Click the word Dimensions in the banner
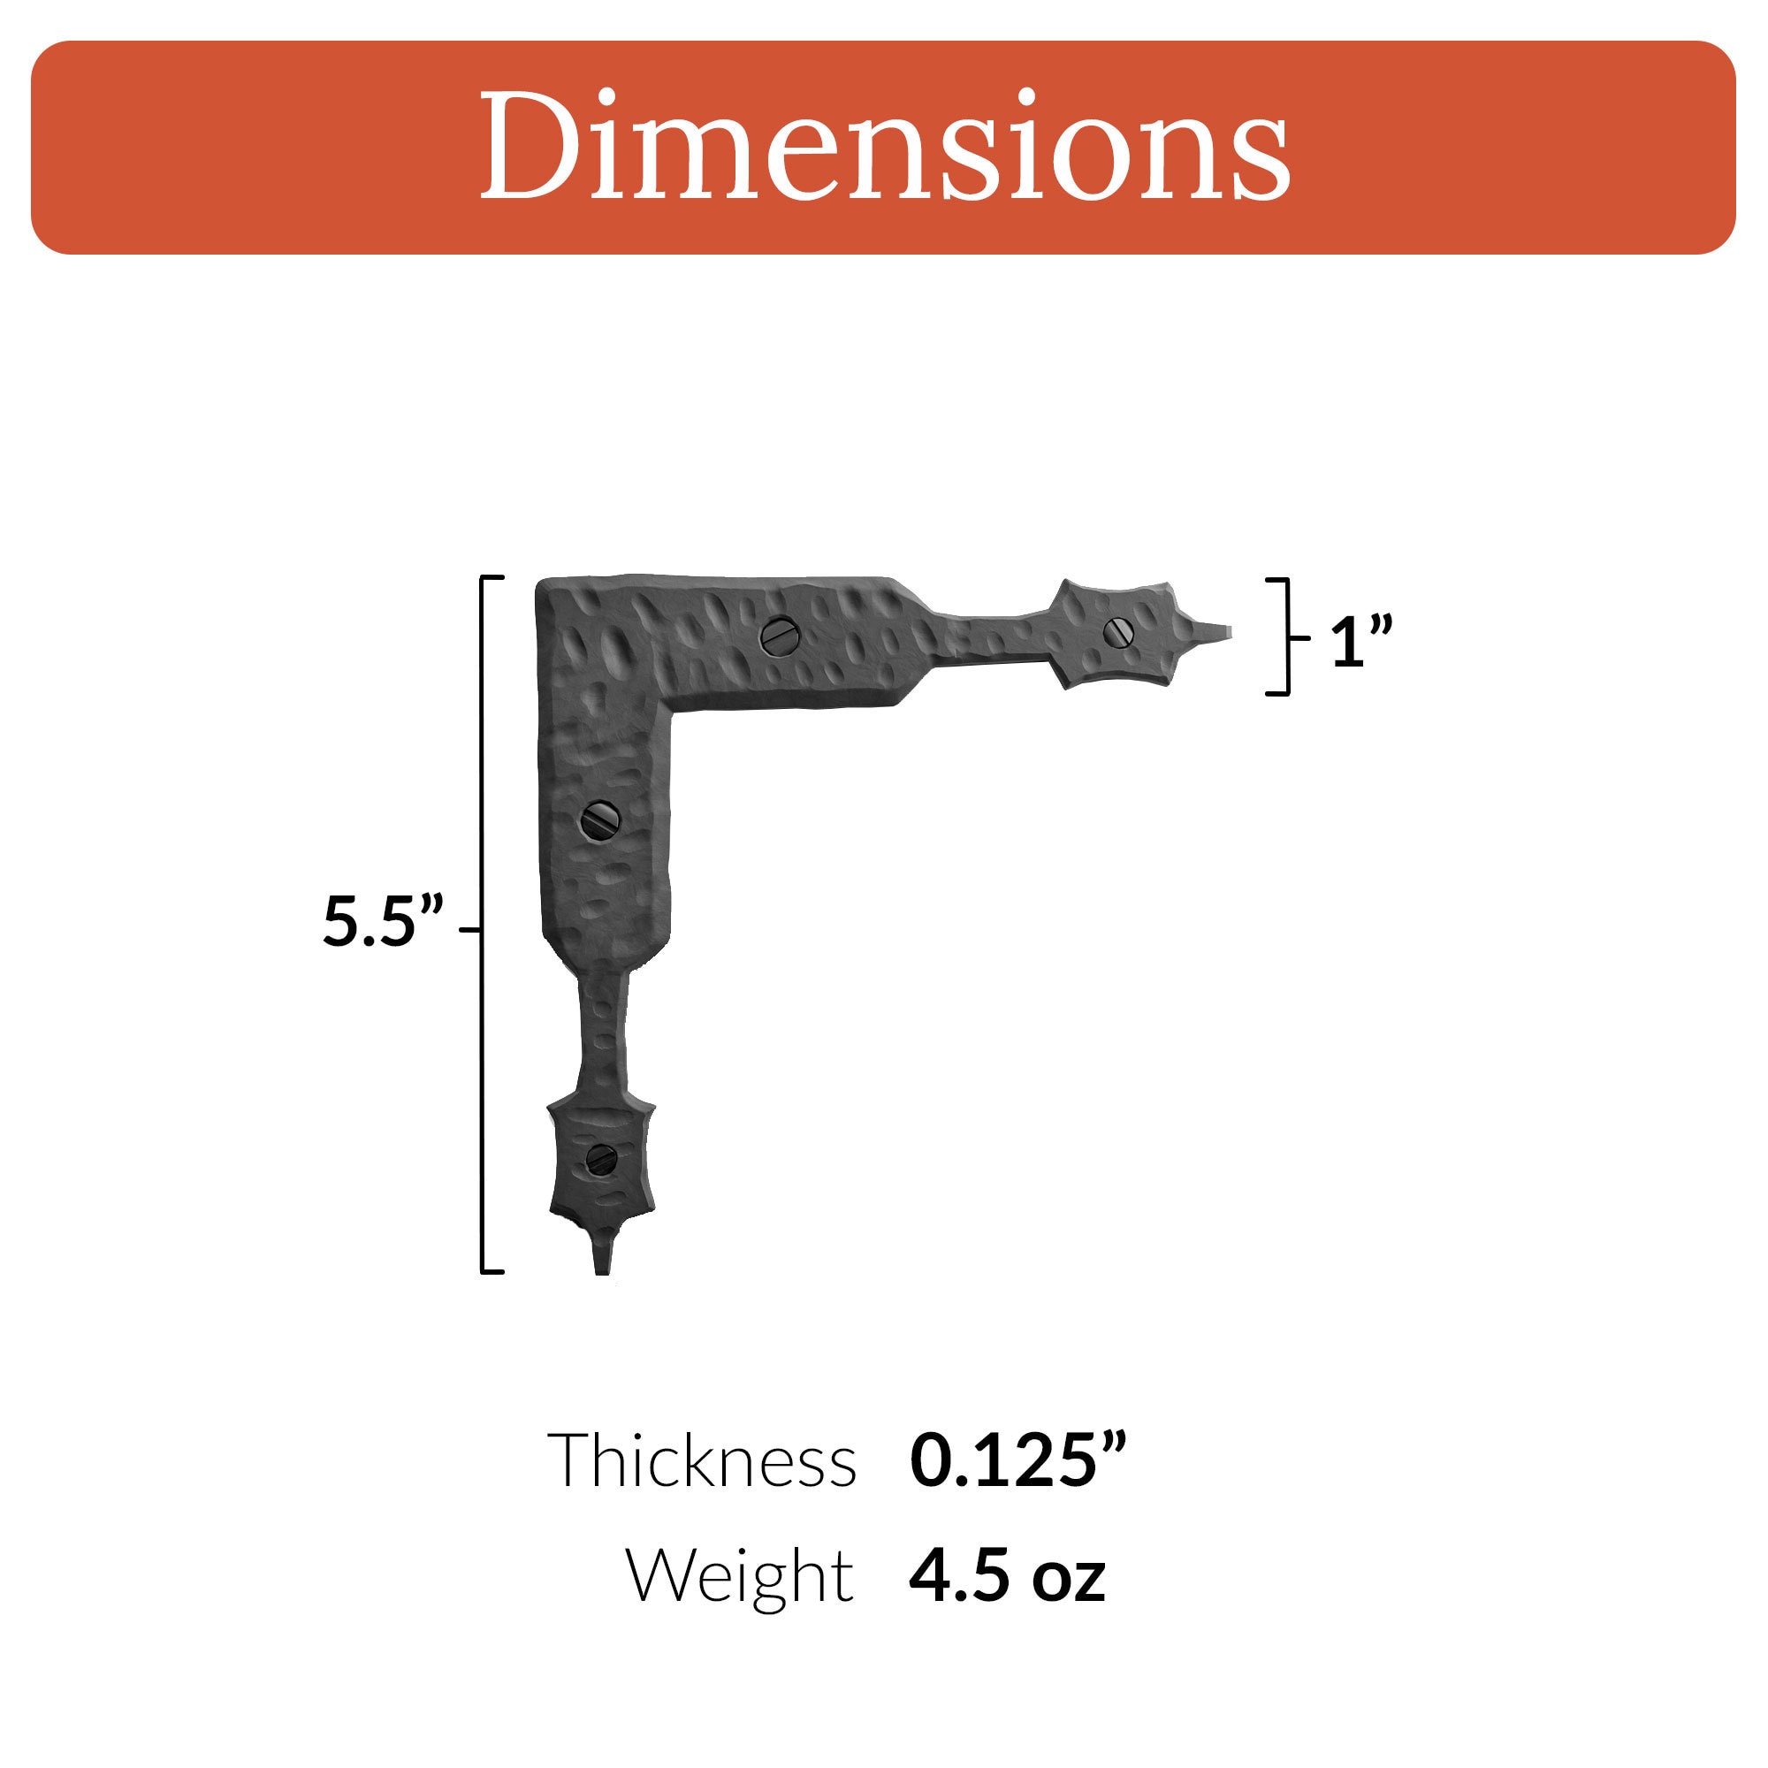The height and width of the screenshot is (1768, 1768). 884,147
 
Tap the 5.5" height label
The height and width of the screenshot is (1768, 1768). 383,921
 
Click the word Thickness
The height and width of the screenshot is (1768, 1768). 702,1460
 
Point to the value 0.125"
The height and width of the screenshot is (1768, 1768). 1017,1460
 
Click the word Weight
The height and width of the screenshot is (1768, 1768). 739,1576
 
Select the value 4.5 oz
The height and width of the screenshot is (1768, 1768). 1007,1576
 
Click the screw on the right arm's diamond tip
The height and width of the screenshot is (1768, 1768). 1118,631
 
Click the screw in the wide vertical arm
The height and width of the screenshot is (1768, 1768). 601,820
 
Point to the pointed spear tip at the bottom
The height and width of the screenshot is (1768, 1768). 601,1263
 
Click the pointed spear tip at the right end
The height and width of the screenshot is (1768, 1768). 1222,630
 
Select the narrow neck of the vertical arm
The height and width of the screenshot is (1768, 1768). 603,1034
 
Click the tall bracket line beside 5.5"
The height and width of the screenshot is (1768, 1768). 483,925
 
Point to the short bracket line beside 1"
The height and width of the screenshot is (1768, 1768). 1288,636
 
